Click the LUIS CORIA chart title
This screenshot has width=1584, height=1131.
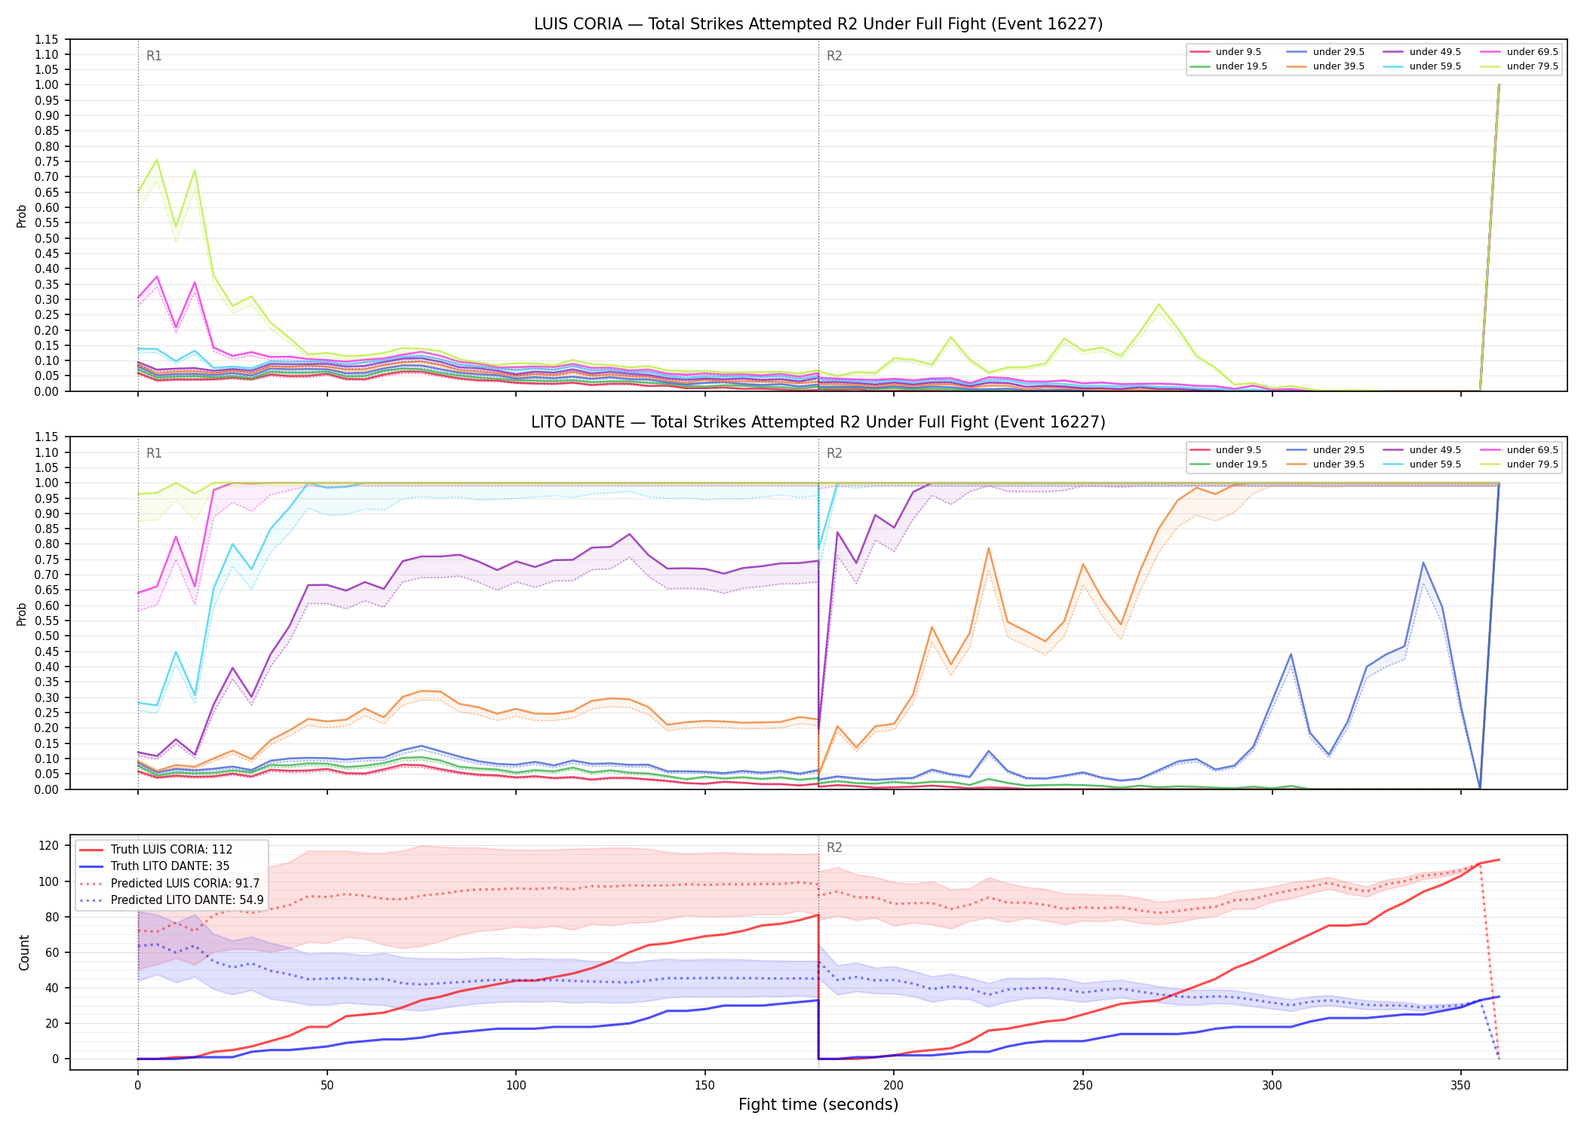(x=818, y=24)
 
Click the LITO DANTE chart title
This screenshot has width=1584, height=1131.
(x=818, y=422)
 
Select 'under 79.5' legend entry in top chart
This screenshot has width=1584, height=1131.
(x=1521, y=66)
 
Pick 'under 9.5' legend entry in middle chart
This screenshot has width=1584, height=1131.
(x=1226, y=450)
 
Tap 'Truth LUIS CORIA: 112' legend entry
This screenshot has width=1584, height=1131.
(x=155, y=850)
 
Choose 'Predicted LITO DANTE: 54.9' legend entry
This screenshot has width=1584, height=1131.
(x=171, y=900)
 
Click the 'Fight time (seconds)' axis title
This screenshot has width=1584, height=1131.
(x=818, y=1105)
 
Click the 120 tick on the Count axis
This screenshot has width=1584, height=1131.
(x=49, y=846)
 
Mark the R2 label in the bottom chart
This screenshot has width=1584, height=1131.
(x=834, y=847)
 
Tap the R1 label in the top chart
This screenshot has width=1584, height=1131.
(x=154, y=56)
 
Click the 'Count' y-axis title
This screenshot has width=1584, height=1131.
(x=25, y=953)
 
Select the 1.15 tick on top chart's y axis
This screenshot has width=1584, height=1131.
(x=47, y=39)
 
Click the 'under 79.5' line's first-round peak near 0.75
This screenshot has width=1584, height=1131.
(x=157, y=159)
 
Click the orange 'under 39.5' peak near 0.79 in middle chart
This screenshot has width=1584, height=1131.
(x=988, y=548)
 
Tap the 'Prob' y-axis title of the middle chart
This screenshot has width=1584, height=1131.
(x=22, y=614)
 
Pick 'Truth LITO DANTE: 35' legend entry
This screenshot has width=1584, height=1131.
(x=154, y=866)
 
